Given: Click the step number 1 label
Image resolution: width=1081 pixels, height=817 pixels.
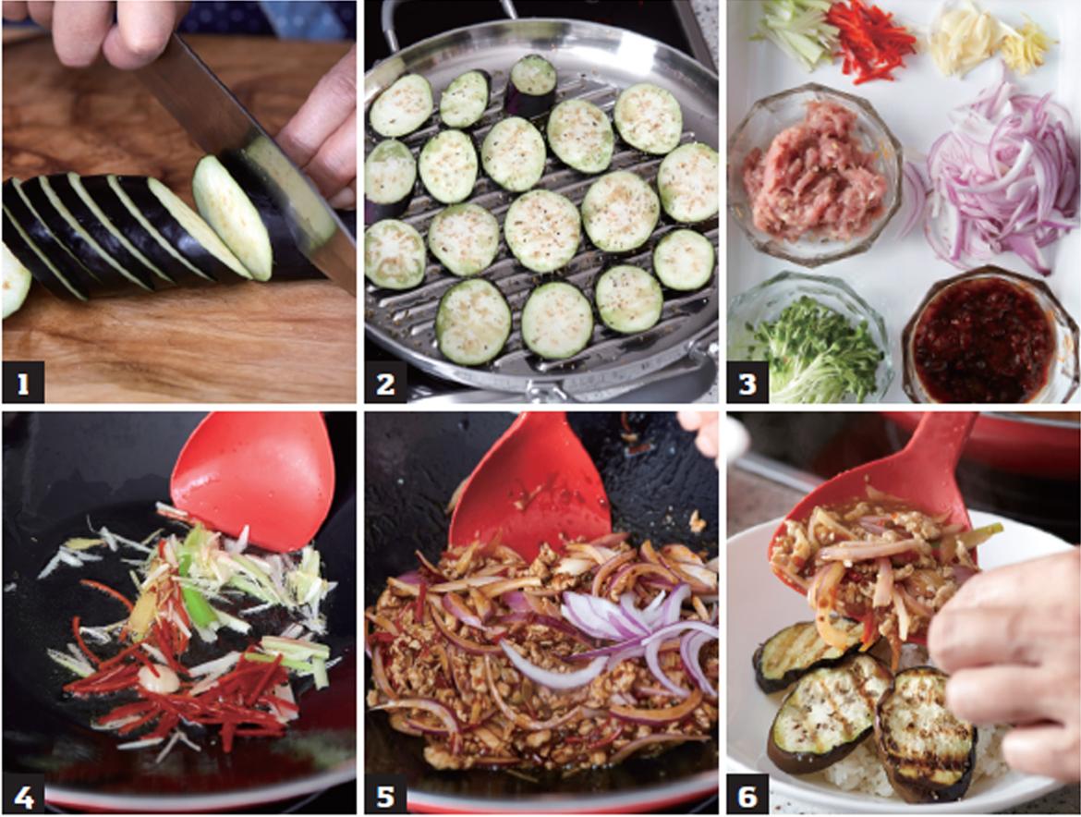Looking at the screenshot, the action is coord(23,382).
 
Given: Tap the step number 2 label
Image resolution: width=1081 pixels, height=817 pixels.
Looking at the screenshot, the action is coord(385,382).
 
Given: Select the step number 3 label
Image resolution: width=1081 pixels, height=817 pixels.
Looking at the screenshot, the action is coord(748,382).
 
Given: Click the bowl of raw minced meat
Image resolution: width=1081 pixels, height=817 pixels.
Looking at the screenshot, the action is coord(814,175).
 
